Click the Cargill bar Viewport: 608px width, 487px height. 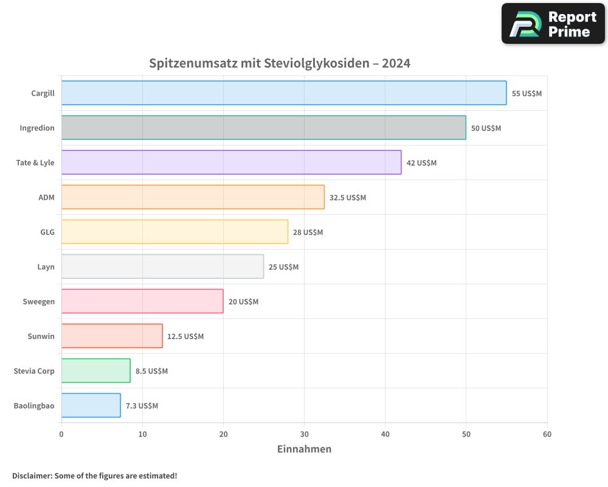[284, 93]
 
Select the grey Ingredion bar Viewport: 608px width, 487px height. [263, 128]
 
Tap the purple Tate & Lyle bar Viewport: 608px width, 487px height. [231, 163]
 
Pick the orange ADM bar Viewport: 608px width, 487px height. [193, 197]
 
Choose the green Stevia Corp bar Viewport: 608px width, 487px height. [95, 371]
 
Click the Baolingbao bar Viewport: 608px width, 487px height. [91, 405]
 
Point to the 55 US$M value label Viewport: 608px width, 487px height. [527, 94]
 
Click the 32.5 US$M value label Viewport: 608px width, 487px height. [348, 198]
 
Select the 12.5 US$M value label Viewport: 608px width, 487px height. [185, 337]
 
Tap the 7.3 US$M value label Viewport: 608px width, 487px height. [142, 406]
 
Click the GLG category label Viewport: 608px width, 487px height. [47, 232]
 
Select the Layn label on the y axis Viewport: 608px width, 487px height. [46, 267]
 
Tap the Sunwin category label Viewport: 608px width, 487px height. [41, 336]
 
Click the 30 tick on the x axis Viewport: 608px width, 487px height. [304, 434]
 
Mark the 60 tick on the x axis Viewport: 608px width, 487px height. [547, 434]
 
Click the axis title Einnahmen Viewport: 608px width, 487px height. [304, 449]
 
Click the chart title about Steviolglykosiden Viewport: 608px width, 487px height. [280, 63]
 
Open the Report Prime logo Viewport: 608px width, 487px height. [553, 24]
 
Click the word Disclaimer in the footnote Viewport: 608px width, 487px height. [32, 475]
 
